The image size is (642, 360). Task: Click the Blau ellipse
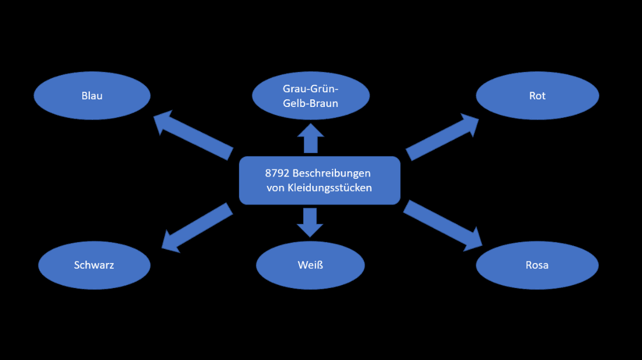pyautogui.click(x=92, y=95)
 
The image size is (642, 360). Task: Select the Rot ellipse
pyautogui.click(x=537, y=95)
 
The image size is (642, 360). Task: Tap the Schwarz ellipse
pyautogui.click(x=94, y=265)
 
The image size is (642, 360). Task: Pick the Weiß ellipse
pyautogui.click(x=310, y=265)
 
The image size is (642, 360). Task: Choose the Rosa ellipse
pyautogui.click(x=537, y=265)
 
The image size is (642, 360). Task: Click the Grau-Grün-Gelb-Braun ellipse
pyautogui.click(x=311, y=96)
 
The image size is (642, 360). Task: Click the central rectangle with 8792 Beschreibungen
pyautogui.click(x=320, y=181)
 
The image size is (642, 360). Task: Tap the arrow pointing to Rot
pyautogui.click(x=442, y=137)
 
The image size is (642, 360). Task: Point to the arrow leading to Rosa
pyautogui.click(x=442, y=226)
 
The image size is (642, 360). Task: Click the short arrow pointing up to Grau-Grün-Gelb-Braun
pyautogui.click(x=310, y=140)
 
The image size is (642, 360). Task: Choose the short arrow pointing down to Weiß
pyautogui.click(x=310, y=221)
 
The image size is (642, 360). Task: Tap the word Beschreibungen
pyautogui.click(x=332, y=174)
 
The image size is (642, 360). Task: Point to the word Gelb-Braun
pyautogui.click(x=311, y=103)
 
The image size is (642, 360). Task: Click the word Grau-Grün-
pyautogui.click(x=311, y=89)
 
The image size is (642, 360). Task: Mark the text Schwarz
pyautogui.click(x=94, y=265)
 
